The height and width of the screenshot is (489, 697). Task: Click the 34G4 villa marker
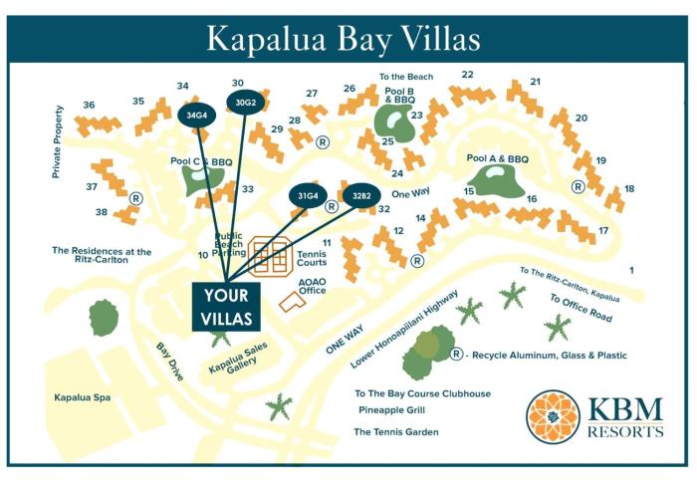pyautogui.click(x=196, y=115)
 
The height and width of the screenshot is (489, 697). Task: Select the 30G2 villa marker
pyautogui.click(x=245, y=103)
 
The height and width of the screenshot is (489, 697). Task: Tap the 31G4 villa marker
pyautogui.click(x=308, y=195)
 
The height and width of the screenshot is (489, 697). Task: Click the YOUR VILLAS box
pyautogui.click(x=226, y=307)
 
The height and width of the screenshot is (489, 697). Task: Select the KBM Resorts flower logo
pyautogui.click(x=555, y=415)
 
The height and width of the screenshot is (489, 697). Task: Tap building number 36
pyautogui.click(x=89, y=105)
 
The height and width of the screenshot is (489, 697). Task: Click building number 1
pyautogui.click(x=630, y=270)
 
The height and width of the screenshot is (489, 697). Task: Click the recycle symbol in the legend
pyautogui.click(x=456, y=354)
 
